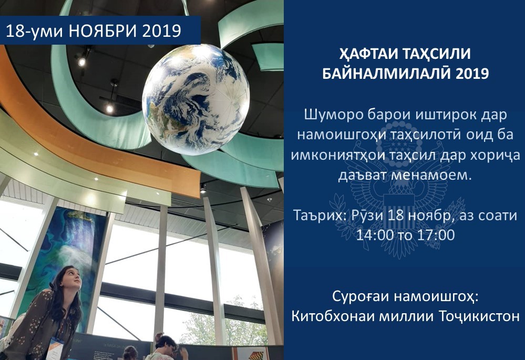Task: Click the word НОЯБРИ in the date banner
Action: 102,31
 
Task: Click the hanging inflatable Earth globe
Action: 196,99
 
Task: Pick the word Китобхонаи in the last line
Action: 333,316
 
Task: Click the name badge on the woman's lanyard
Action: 55,349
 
